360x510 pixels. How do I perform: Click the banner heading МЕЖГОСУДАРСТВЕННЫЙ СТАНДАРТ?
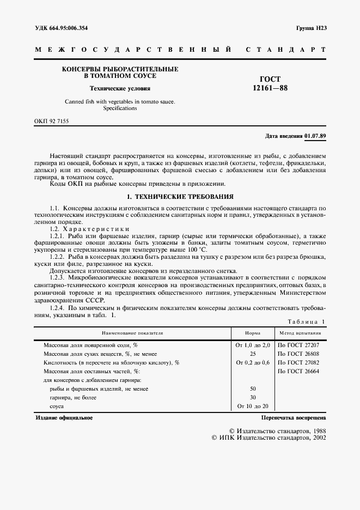coord(180,50)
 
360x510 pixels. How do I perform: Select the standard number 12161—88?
coord(270,88)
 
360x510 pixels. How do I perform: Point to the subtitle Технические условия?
coord(120,88)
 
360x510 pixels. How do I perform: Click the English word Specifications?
coord(120,108)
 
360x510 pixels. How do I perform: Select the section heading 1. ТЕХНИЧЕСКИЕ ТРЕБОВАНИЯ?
coord(180,196)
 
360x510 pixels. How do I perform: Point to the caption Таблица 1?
coord(306,321)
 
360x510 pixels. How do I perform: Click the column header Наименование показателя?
coord(131,332)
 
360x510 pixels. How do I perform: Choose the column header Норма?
coord(252,332)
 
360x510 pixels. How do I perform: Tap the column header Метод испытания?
coord(300,332)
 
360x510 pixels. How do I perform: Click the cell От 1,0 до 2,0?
coord(252,345)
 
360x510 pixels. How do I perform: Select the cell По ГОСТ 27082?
coord(298,362)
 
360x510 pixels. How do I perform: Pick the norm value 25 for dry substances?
coord(252,354)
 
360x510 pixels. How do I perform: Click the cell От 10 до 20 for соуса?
coord(252,406)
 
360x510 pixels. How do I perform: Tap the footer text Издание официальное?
coord(64,418)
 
